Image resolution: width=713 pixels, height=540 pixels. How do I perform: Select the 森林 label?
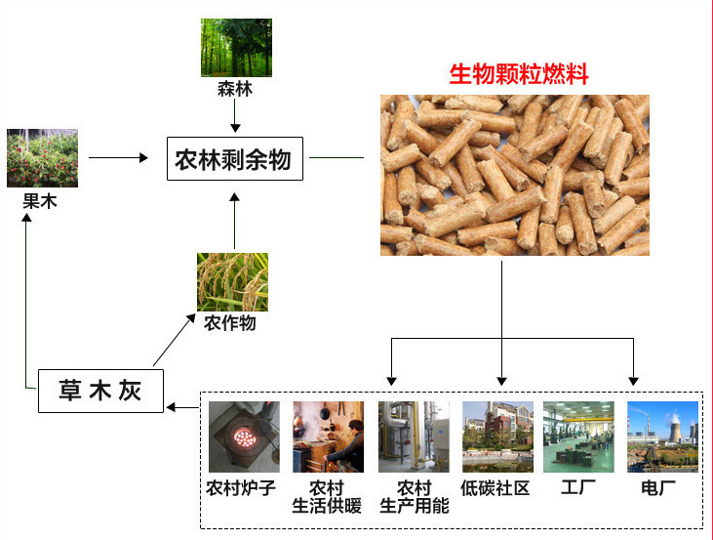[234, 89]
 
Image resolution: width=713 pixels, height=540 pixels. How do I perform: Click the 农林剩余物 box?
[234, 159]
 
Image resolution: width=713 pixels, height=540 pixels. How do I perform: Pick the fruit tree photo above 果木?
[42, 158]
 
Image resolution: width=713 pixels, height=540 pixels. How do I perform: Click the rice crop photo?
[232, 281]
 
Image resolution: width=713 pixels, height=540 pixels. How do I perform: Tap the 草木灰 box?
[100, 392]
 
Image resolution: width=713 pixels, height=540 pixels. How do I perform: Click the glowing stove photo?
[244, 436]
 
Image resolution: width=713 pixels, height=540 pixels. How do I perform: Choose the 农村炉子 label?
[242, 486]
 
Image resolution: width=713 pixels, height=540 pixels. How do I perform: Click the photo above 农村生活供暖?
[328, 436]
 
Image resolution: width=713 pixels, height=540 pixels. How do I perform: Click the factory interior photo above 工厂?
[578, 436]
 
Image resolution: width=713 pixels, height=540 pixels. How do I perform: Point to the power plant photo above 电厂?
[662, 436]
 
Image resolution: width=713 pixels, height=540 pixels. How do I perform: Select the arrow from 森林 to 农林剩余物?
[234, 116]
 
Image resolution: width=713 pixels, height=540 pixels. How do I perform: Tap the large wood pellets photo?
[514, 175]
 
